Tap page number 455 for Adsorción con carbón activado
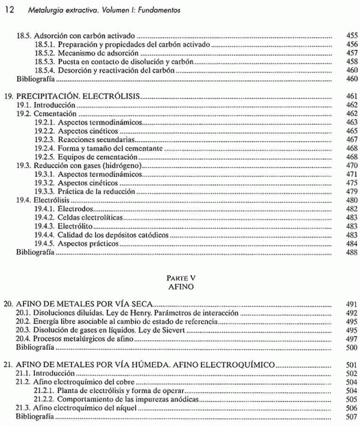click(x=352, y=36)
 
